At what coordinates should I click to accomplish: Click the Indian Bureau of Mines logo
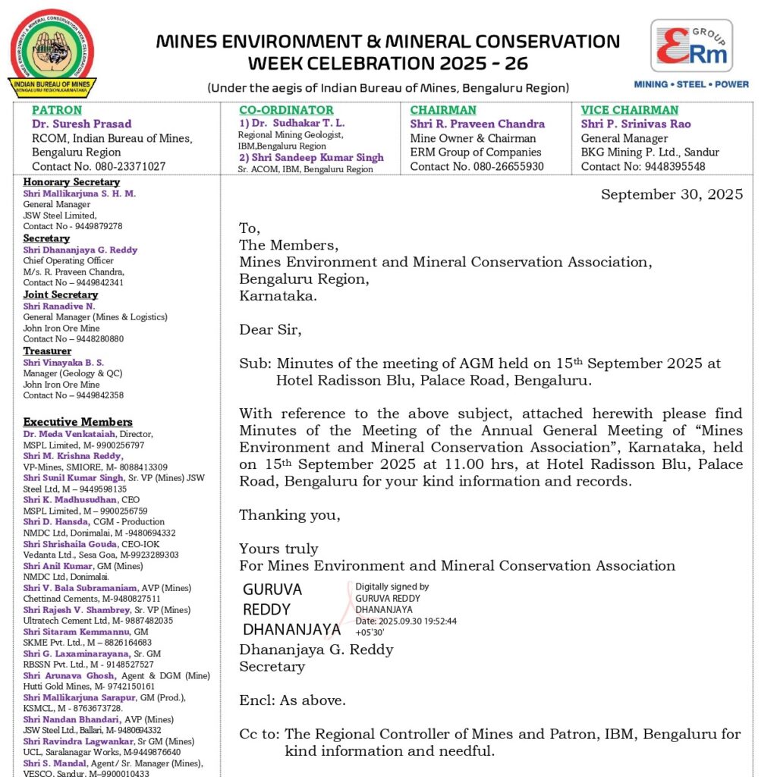52,53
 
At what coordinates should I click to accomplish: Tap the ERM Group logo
691,54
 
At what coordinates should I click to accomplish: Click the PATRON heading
57,110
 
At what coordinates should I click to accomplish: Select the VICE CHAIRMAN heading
630,110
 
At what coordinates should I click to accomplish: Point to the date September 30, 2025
672,194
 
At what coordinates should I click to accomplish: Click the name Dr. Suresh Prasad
81,124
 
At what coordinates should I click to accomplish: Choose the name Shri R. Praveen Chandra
477,124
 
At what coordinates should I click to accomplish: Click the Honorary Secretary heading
71,182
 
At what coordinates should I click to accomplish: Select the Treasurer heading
47,351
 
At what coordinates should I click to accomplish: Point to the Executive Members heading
77,422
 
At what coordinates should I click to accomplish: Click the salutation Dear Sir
270,330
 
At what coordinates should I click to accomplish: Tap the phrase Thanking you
290,515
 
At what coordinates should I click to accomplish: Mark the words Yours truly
278,549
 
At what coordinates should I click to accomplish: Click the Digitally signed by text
392,587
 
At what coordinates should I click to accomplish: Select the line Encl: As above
292,700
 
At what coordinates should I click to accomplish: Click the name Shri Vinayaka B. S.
64,363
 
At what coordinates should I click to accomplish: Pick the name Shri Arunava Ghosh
69,675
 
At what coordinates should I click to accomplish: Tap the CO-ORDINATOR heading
286,110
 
